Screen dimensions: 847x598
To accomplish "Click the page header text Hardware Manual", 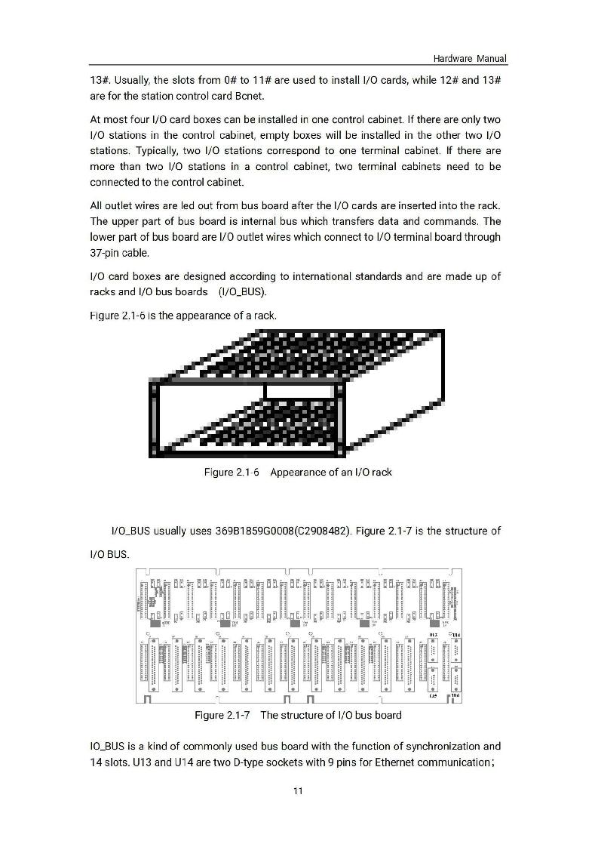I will (469, 59).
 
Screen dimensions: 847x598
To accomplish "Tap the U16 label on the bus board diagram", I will (455, 695).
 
